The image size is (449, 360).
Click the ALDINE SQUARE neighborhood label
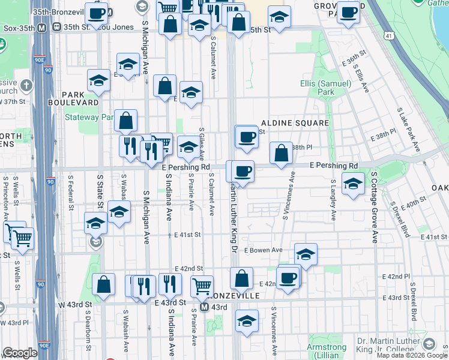(x=294, y=123)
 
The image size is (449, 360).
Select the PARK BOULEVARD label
(x=79, y=98)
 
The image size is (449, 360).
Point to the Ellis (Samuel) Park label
(x=326, y=88)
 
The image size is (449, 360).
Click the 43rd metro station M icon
(x=205, y=307)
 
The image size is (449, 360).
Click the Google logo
(x=20, y=353)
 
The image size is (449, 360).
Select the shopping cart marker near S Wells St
(x=23, y=238)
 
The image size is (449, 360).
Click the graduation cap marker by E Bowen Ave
(x=306, y=254)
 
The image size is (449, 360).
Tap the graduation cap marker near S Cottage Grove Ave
(x=353, y=184)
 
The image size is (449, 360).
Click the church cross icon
(x=25, y=85)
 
